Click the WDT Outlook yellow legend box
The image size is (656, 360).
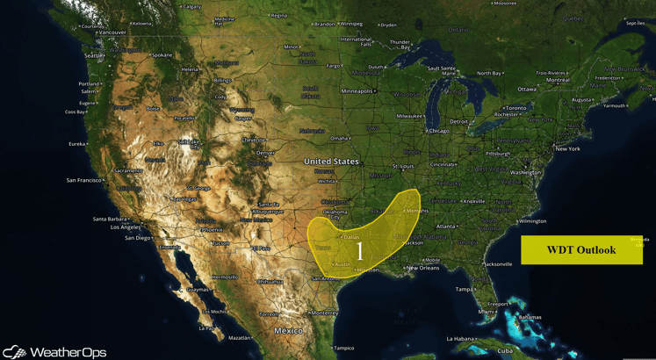pyautogui.click(x=581, y=250)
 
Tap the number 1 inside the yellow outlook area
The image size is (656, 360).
pyautogui.click(x=359, y=251)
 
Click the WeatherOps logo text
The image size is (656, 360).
pyautogui.click(x=67, y=352)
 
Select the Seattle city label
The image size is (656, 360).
pyautogui.click(x=92, y=55)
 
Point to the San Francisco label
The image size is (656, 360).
pyautogui.click(x=84, y=180)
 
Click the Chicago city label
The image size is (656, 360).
pyautogui.click(x=438, y=131)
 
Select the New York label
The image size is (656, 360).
pyautogui.click(x=567, y=148)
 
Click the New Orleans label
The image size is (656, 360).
pyautogui.click(x=422, y=268)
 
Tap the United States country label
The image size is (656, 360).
pyautogui.click(x=331, y=162)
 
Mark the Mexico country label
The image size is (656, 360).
pyautogui.click(x=288, y=331)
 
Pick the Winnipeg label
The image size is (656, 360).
pyautogui.click(x=351, y=25)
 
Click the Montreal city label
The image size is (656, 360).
pyautogui.click(x=558, y=80)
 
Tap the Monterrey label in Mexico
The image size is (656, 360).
pyautogui.click(x=324, y=313)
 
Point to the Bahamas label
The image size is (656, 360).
pyautogui.click(x=530, y=317)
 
